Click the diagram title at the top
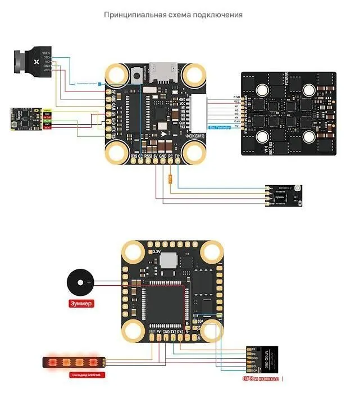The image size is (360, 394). (173, 14)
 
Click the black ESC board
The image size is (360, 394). (288, 113)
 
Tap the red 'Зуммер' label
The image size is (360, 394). (80, 304)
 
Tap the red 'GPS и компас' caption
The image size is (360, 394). (261, 379)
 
